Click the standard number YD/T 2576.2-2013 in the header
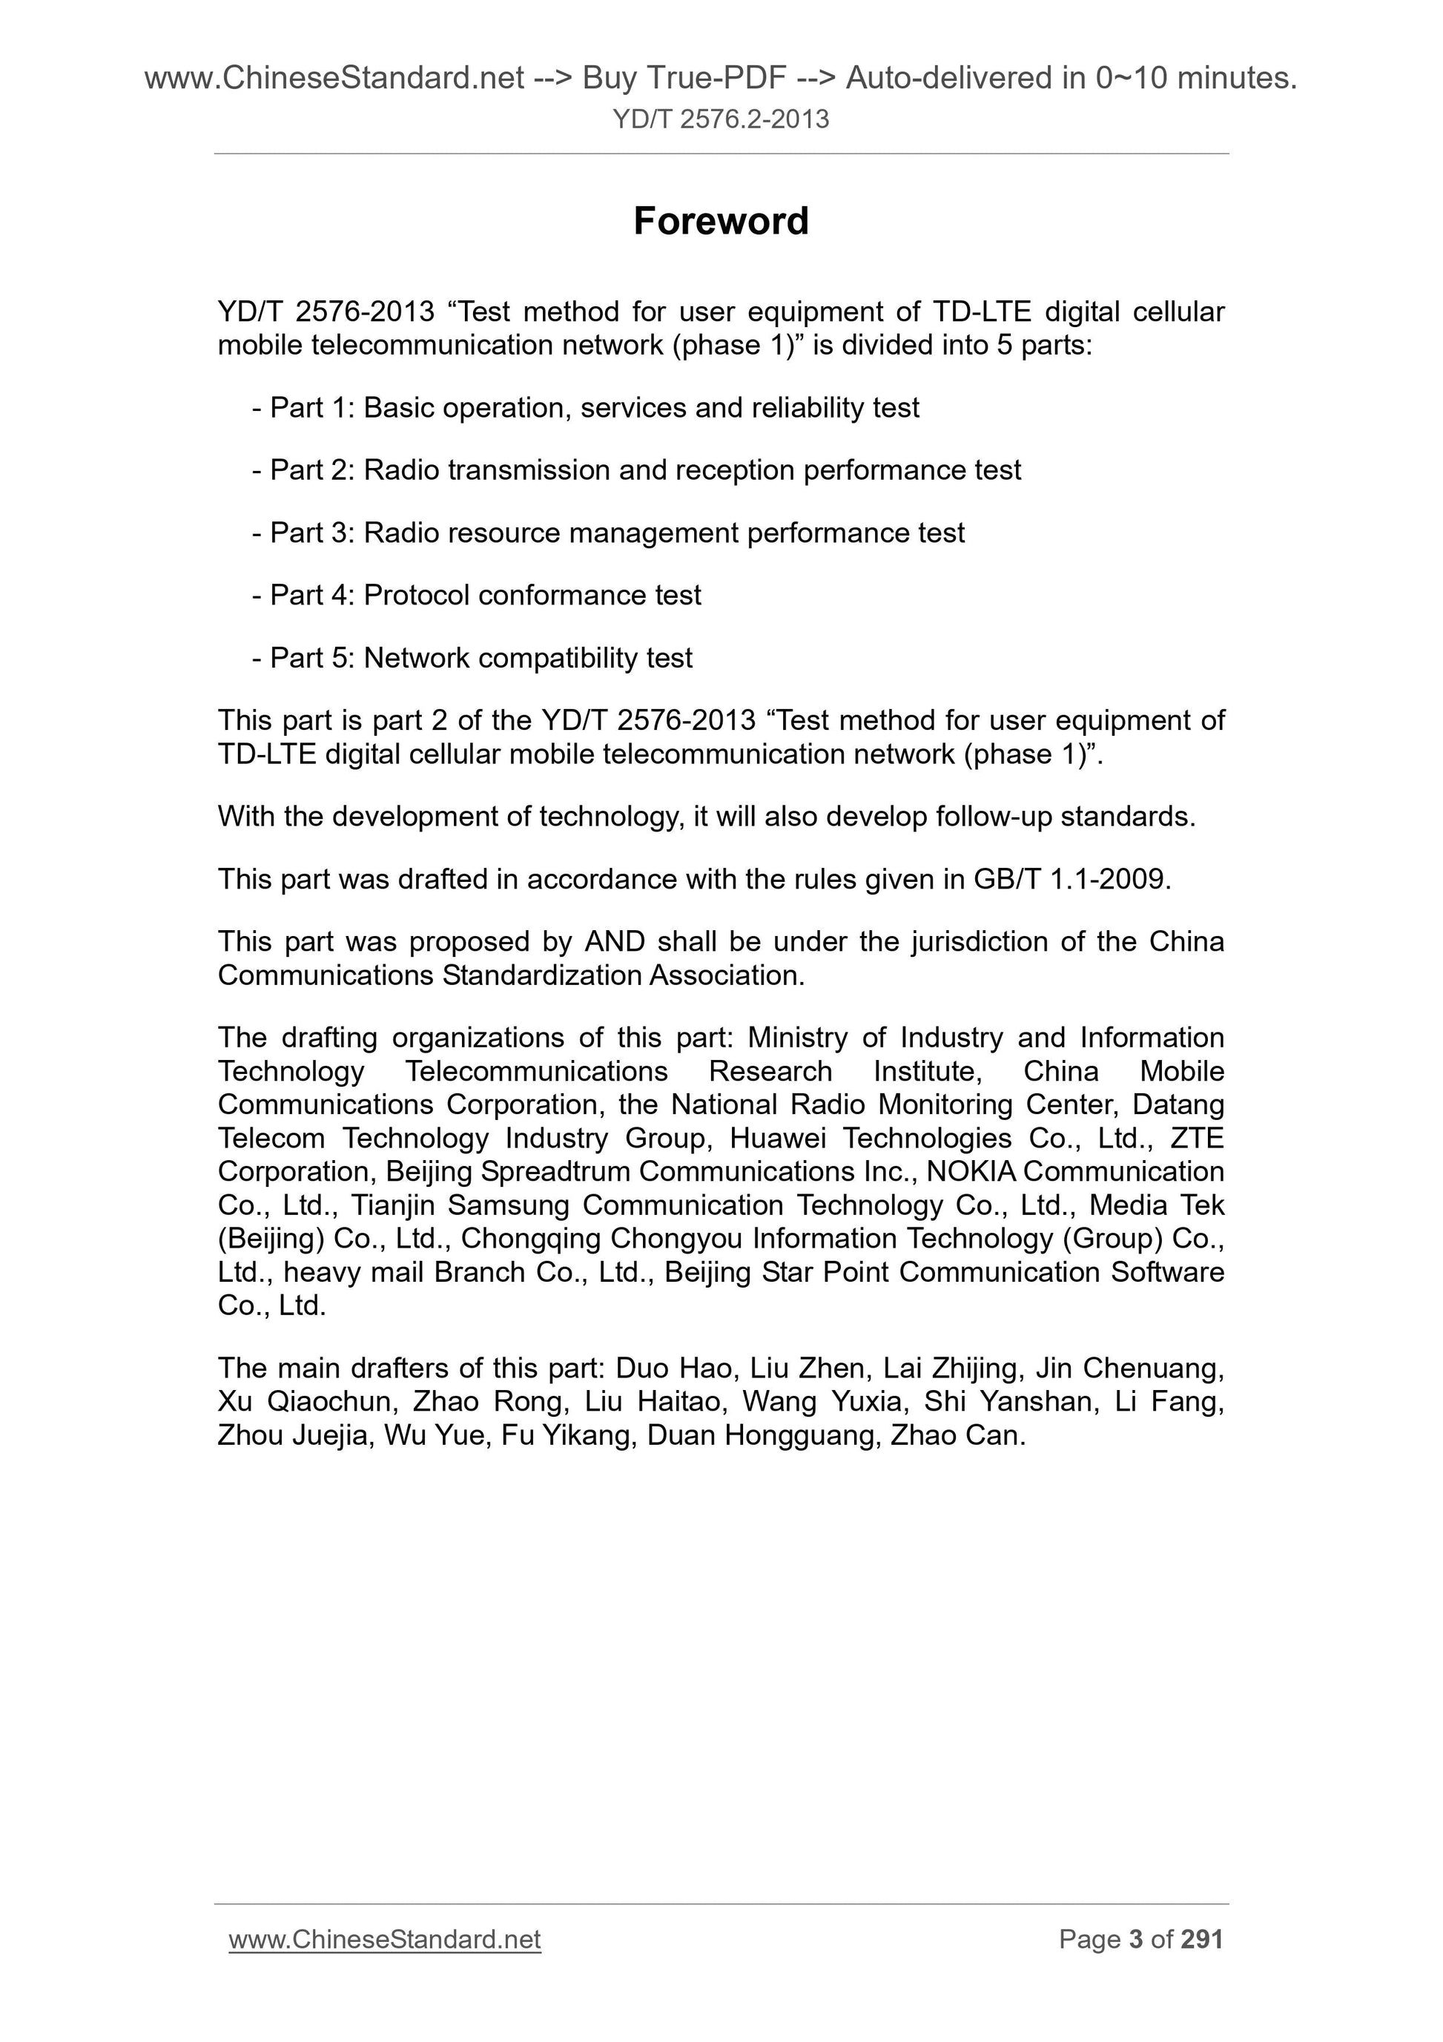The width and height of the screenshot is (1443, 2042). (x=720, y=119)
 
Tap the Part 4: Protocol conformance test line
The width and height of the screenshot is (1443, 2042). (x=478, y=594)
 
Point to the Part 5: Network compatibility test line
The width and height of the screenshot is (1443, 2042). (x=473, y=657)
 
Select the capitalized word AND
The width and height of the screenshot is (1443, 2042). (x=615, y=941)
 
